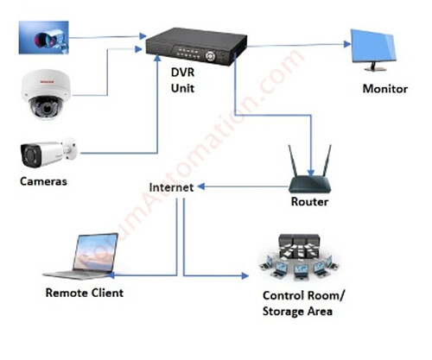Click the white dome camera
tap(46, 94)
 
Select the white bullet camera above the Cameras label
tap(48, 153)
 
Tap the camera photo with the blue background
tap(44, 37)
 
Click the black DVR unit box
tap(196, 46)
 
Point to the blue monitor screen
tap(373, 47)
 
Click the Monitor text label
tap(385, 89)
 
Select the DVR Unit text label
tap(182, 80)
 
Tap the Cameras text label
tap(43, 181)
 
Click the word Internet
tap(171, 187)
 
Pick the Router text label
tap(309, 201)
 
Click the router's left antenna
tap(293, 161)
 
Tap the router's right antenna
tap(327, 161)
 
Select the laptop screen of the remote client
tap(96, 253)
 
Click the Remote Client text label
tap(85, 293)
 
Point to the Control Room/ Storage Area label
tap(303, 303)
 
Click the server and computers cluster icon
tap(299, 257)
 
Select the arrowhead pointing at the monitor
tap(347, 44)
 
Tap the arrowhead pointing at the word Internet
tap(201, 186)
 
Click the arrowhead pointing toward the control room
tap(245, 276)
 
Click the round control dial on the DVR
tap(211, 56)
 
